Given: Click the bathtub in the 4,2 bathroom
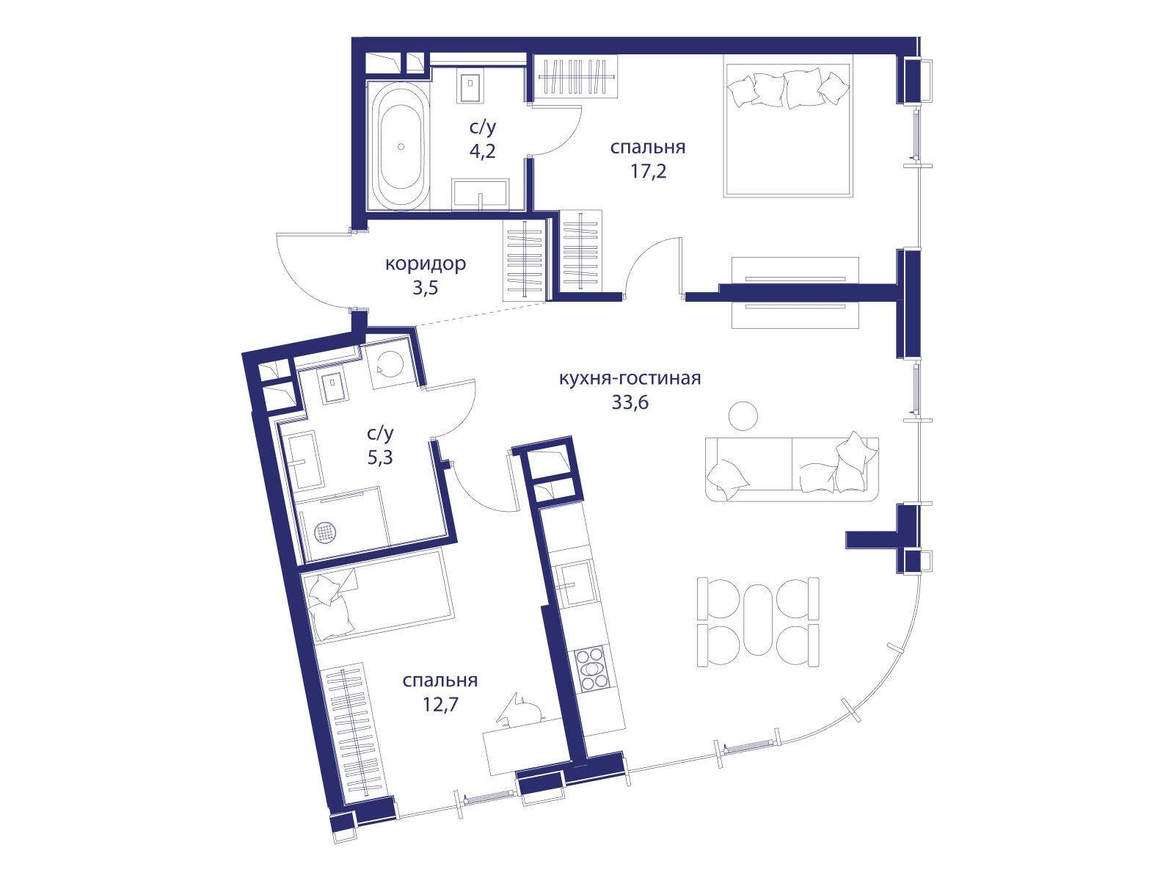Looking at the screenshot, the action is pyautogui.click(x=401, y=145).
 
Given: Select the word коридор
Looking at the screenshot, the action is pyautogui.click(x=425, y=264).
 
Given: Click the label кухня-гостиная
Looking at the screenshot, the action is pyautogui.click(x=630, y=378).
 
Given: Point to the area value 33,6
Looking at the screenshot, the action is pyautogui.click(x=630, y=402).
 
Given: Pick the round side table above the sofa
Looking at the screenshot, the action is pyautogui.click(x=743, y=415).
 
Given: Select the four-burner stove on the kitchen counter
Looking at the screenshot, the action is pyautogui.click(x=590, y=669).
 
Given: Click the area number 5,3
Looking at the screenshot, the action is pyautogui.click(x=380, y=458).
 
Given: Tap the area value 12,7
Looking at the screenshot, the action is pyautogui.click(x=440, y=705).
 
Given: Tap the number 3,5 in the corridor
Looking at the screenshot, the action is pyautogui.click(x=425, y=288).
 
